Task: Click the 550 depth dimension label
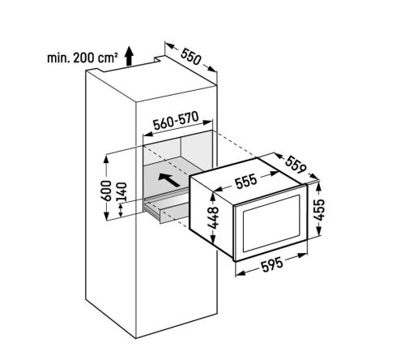(191, 57)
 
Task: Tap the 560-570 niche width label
(176, 120)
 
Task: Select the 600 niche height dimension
(106, 191)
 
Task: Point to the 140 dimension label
(122, 192)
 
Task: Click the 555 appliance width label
(245, 181)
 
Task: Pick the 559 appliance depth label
(296, 165)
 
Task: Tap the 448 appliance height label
(213, 218)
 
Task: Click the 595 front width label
(272, 264)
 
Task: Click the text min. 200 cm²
(83, 58)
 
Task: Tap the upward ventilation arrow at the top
(129, 56)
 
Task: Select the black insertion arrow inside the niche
(169, 179)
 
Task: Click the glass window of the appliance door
(271, 222)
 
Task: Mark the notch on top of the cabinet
(159, 58)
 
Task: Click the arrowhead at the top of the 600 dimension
(106, 159)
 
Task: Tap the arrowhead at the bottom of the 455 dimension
(319, 231)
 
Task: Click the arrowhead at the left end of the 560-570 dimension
(147, 134)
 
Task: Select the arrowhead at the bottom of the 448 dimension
(213, 238)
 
